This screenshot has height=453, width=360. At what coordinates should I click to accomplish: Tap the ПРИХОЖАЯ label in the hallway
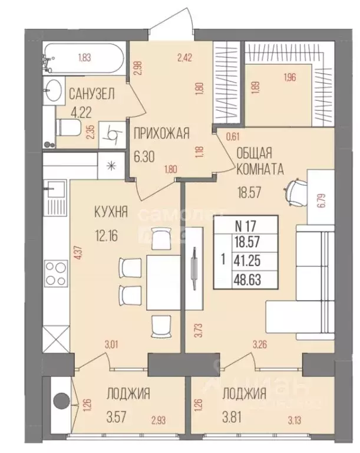[x=161, y=134]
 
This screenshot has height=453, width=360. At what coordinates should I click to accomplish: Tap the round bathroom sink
[x=54, y=90]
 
